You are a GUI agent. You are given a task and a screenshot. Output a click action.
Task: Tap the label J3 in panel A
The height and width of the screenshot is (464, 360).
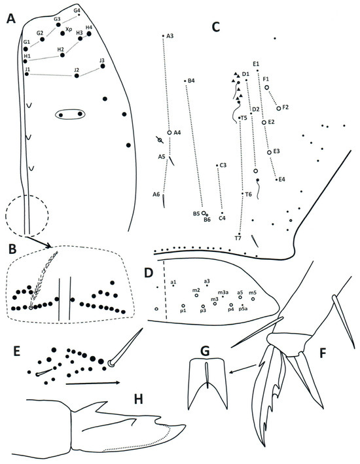101,60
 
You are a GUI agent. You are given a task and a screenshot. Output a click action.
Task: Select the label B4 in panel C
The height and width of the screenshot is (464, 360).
191,81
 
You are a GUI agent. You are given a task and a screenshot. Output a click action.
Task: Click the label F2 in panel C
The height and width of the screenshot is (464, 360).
286,107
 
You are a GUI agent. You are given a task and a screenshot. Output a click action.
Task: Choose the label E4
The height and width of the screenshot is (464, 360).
281,179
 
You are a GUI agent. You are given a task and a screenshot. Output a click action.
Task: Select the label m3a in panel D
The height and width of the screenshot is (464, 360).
223,292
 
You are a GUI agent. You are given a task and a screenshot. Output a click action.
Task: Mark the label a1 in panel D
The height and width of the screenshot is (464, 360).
173,281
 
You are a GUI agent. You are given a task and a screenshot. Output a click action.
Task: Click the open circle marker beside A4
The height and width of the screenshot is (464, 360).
169,132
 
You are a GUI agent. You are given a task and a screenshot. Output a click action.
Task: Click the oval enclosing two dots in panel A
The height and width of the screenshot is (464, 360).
71,115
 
